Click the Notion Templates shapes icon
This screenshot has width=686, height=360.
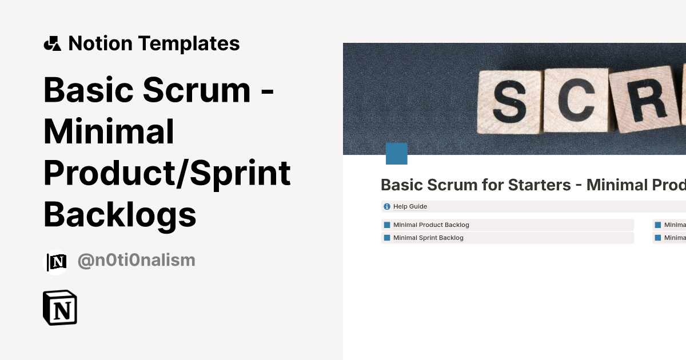tap(52, 43)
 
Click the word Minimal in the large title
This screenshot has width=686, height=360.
tap(109, 132)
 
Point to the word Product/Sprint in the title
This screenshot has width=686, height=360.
tap(167, 174)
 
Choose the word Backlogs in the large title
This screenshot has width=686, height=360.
tap(120, 215)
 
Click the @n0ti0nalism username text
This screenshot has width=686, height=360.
tap(136, 261)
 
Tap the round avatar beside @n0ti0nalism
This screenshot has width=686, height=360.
tap(56, 262)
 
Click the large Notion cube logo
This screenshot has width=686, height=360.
tap(60, 308)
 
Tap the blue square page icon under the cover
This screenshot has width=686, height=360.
tap(397, 154)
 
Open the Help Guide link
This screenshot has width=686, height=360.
tap(410, 206)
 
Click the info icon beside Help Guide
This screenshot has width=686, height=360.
tap(387, 206)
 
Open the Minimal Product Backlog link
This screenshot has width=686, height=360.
tap(431, 225)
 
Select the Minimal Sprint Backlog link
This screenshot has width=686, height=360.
tap(428, 238)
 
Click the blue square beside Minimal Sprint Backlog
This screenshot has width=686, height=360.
tap(387, 238)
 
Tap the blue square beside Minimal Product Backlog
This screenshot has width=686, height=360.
tap(387, 225)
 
